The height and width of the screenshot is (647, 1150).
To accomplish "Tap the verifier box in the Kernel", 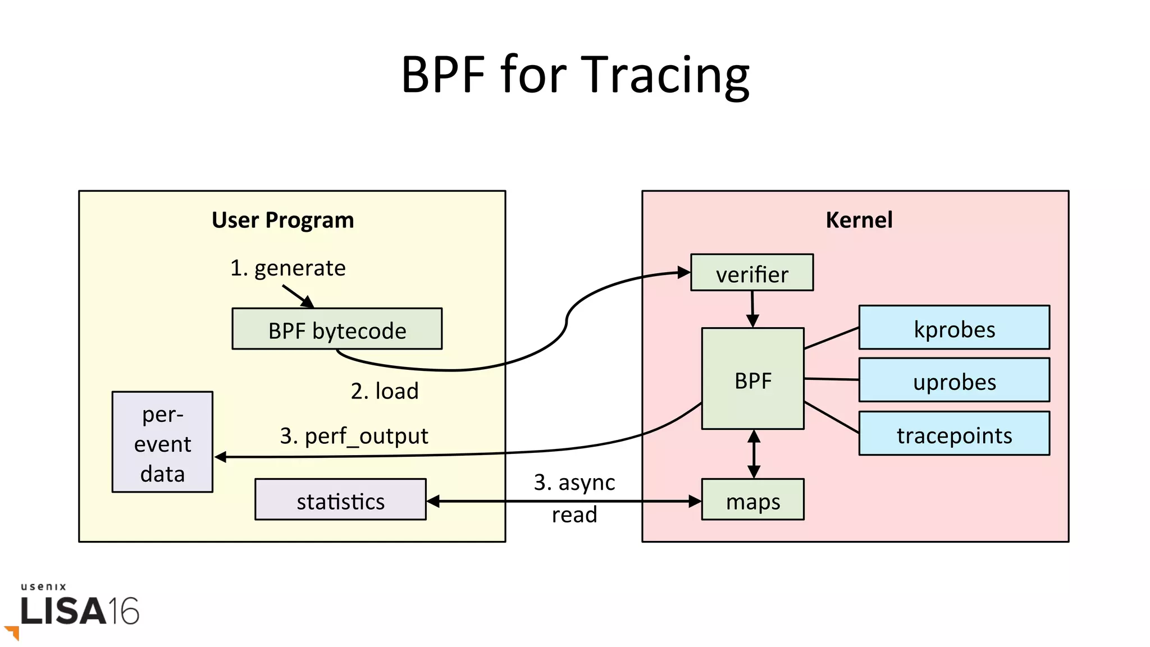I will coord(752,273).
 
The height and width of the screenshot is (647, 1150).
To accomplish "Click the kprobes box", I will coord(954,328).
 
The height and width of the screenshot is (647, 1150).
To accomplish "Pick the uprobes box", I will coord(954,381).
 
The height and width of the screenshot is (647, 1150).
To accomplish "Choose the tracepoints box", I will coord(954,434).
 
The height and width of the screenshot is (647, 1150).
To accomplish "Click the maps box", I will coord(752,500).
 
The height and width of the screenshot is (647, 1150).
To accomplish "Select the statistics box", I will coord(340,500).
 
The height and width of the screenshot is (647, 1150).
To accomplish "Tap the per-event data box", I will coord(162,443).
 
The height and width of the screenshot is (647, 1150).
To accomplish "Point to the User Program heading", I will coord(282,220).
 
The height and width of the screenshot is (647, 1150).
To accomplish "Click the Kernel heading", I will coord(859,219).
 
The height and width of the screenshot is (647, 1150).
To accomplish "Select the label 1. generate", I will coord(287,268).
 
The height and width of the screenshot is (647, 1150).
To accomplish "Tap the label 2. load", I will coord(385,391).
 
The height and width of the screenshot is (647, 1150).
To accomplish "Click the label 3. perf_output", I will coord(354,435).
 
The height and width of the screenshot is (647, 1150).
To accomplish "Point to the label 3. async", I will coord(574,482).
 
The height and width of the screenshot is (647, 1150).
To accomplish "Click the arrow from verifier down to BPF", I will coord(752,309).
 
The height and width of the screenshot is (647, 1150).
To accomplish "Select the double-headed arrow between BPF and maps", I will coord(754,454).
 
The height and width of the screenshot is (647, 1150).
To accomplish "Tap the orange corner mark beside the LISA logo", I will coord(13,632).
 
